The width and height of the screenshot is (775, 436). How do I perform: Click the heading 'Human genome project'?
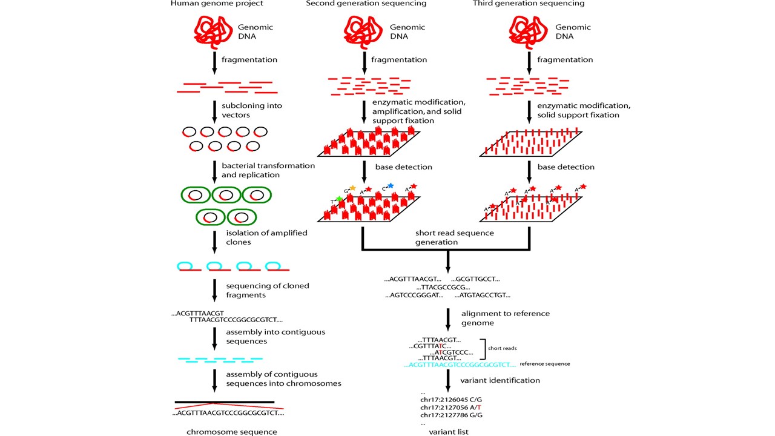coord(217,4)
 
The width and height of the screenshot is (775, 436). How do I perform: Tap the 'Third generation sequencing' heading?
coord(529,4)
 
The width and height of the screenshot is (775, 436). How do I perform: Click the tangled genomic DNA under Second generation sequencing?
coord(363,32)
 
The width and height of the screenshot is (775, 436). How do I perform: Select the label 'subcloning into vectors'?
coord(252,110)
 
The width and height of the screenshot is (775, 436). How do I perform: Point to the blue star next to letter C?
coord(391,186)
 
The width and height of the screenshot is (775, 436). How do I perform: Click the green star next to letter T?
coord(340,199)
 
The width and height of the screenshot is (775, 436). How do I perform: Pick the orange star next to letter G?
coord(352,188)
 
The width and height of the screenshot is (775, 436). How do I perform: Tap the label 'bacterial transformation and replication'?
coord(268,170)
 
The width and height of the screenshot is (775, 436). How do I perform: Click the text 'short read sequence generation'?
coord(454,237)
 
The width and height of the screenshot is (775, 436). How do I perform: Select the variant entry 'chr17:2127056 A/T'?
coord(450,408)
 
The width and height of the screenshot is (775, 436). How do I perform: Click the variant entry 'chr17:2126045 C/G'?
coord(451,400)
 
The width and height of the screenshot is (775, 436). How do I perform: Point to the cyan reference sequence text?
coord(460,365)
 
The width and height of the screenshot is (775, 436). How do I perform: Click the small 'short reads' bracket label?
coord(502,348)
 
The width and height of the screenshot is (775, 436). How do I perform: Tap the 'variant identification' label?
coord(500,380)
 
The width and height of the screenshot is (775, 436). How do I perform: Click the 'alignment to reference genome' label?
coord(505,318)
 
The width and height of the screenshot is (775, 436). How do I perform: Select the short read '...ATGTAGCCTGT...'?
coord(483,295)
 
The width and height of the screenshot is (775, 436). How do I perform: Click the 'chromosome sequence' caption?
coord(232,432)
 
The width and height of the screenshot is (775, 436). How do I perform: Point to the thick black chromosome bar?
coord(225,402)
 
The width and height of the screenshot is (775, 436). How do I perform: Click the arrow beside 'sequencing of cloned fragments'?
coord(214,290)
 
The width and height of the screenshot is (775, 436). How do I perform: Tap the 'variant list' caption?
coord(449,432)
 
